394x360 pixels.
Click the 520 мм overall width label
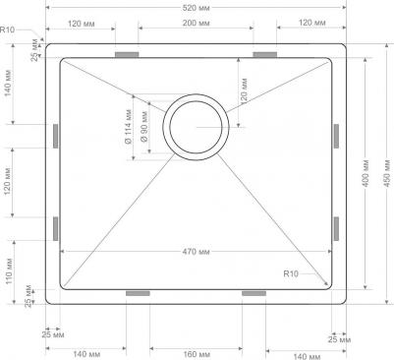(196, 8)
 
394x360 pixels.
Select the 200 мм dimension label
(196, 23)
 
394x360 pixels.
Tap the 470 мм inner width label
(196, 252)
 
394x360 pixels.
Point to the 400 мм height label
(366, 173)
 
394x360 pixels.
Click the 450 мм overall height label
(387, 173)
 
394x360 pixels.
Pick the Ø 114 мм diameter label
(129, 127)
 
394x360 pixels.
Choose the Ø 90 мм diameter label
(143, 127)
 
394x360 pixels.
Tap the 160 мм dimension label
(196, 354)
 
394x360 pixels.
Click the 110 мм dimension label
(9, 271)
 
